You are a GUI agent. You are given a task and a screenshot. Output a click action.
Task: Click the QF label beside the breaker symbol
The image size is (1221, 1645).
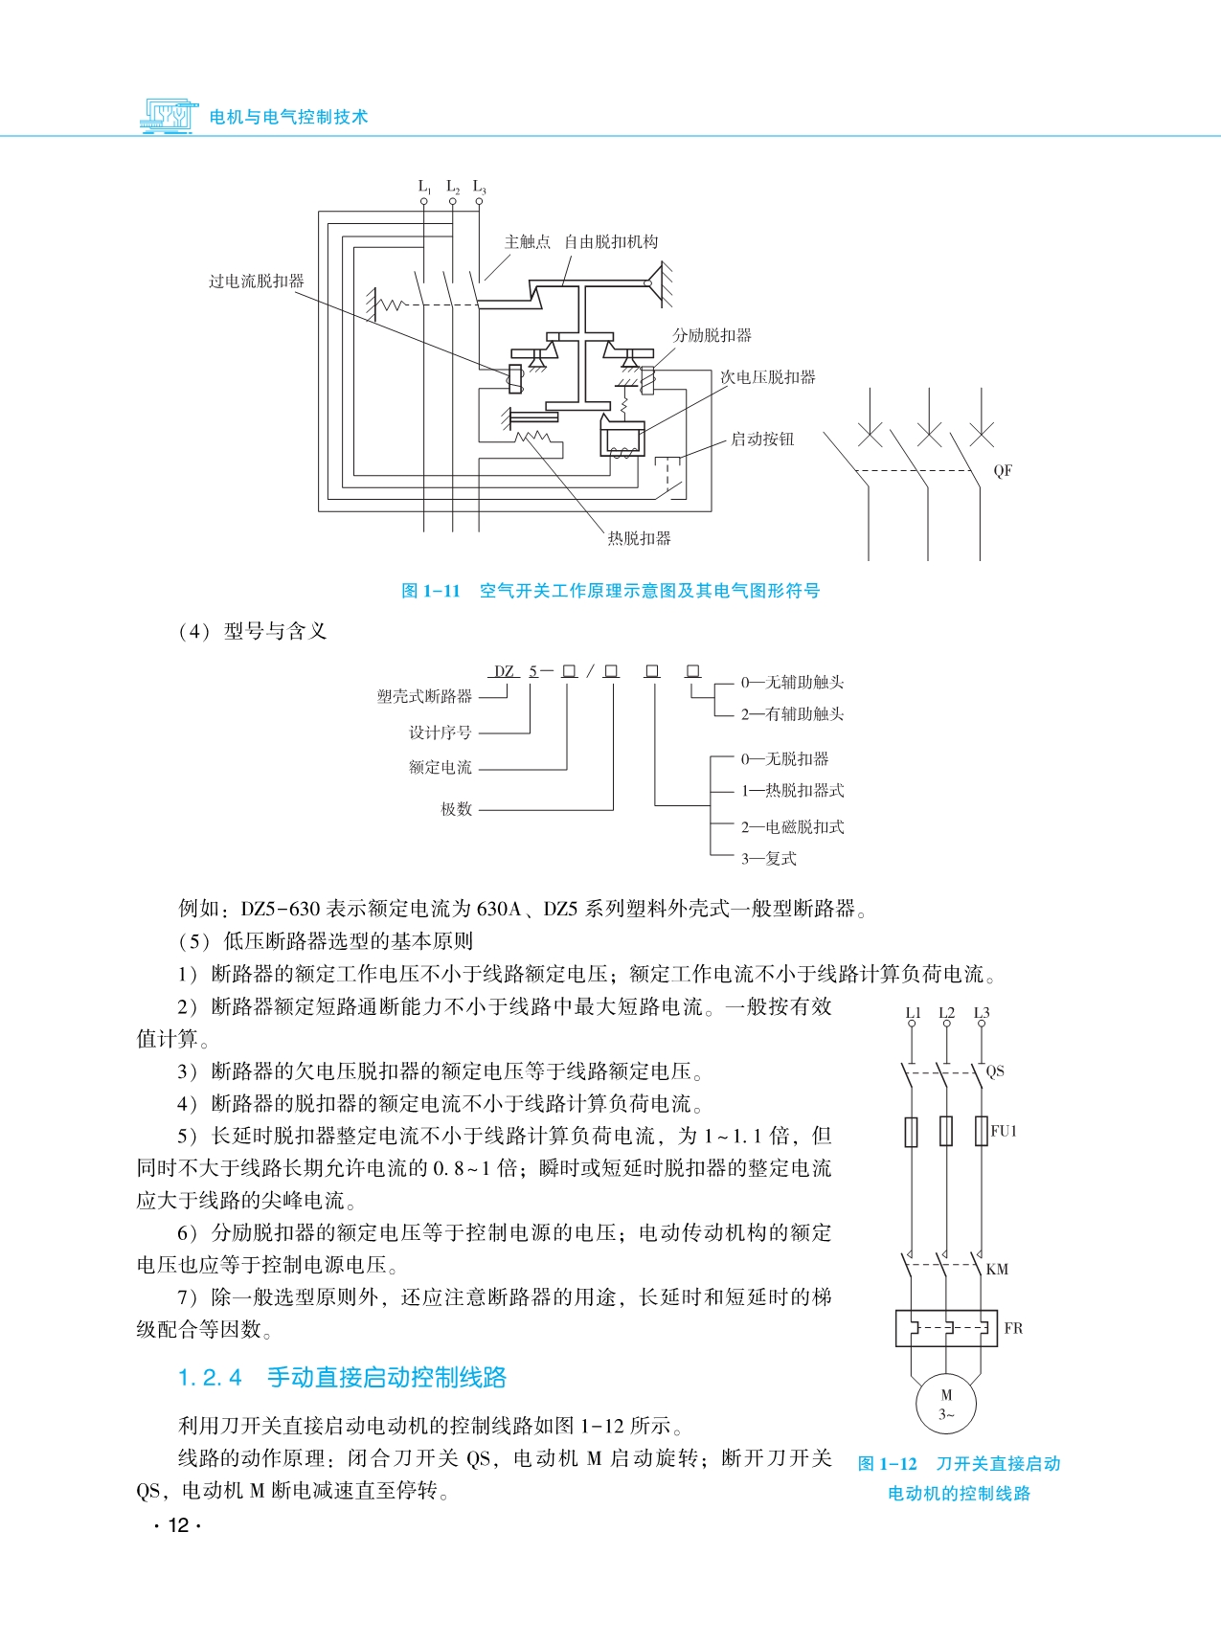[x=1003, y=471]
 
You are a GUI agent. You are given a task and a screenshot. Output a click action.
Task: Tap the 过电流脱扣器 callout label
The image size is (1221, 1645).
[x=257, y=282]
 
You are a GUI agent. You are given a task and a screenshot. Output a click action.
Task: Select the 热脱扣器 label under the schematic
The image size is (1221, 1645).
[x=639, y=538]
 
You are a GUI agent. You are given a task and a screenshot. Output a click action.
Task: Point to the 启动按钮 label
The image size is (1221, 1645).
[x=762, y=439]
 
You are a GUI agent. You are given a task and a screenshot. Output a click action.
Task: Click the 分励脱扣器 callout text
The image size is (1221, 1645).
[x=712, y=335]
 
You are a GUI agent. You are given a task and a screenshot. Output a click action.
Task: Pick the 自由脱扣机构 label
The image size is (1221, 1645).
[x=611, y=242]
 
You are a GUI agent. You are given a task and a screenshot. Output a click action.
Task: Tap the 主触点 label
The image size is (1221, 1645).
[x=528, y=242]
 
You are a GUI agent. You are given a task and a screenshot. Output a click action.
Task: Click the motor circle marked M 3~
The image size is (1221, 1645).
[x=946, y=1405]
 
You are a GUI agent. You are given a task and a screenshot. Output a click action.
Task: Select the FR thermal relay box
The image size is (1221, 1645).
[x=946, y=1328]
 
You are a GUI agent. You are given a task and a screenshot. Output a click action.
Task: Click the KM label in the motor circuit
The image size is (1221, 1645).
[x=997, y=1270]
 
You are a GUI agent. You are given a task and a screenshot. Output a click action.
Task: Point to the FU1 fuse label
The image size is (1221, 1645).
[x=1004, y=1131]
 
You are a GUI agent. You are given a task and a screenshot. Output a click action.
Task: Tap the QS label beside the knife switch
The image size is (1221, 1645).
[x=995, y=1071]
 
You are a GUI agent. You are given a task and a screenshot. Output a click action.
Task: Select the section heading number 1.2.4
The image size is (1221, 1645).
[x=210, y=1378]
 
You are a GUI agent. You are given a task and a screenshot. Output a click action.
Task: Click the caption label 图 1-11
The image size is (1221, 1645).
[x=431, y=591]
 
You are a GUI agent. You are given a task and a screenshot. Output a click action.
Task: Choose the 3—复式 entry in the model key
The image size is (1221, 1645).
[x=768, y=859]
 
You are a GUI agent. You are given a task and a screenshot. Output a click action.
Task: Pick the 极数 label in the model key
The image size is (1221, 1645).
[x=456, y=809]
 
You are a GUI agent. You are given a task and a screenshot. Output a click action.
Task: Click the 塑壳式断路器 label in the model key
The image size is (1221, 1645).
[x=424, y=696]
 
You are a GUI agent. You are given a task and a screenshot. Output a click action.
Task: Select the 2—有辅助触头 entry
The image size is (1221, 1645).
[x=792, y=714]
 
